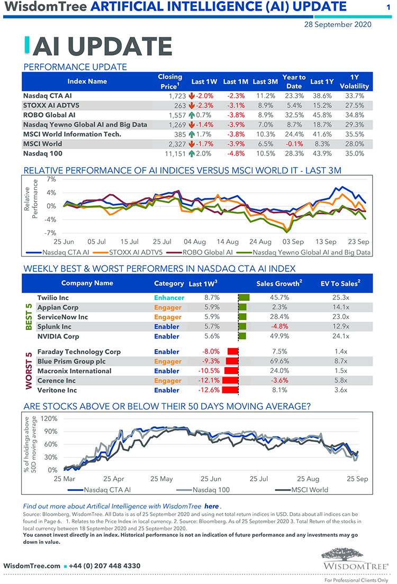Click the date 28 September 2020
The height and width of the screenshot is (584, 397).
coord(337,24)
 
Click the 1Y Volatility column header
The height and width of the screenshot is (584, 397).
coord(354,81)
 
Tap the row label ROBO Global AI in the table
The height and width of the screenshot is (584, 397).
coord(49,115)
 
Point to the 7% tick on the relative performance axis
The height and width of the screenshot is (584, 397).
coord(51,179)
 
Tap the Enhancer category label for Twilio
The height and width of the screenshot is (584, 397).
coord(169,298)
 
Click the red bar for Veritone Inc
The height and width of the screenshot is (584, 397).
coord(230,390)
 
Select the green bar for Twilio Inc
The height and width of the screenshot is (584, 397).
coord(244,298)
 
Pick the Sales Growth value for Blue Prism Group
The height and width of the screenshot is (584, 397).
coord(278,361)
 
